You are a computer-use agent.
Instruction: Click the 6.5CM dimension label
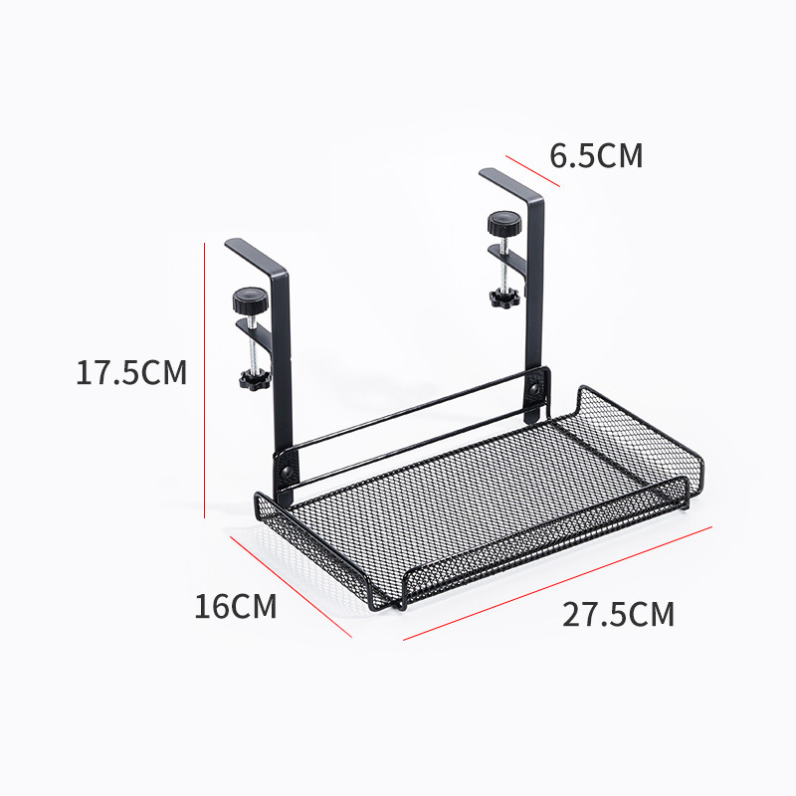597,156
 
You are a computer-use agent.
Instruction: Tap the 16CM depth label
235,606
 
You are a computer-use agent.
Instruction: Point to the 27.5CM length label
618,614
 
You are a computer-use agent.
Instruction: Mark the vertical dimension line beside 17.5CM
204,378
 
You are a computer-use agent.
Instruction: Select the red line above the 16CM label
291,587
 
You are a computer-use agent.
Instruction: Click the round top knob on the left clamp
246,297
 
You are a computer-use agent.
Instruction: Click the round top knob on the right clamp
502,222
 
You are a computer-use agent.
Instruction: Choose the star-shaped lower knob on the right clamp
500,297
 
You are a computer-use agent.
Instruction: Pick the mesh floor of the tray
468,497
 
